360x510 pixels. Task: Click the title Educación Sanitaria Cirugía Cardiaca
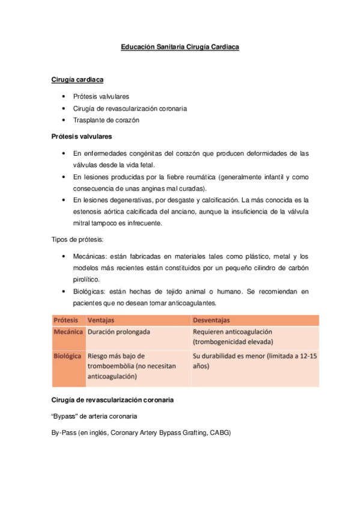coord(180,46)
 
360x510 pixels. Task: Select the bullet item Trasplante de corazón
coord(106,120)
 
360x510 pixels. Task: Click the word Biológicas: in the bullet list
coord(91,292)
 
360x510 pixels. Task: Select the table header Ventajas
coord(102,320)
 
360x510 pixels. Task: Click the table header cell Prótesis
coord(68,320)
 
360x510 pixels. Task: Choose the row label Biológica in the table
coord(68,356)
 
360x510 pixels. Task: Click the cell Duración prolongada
coord(119,332)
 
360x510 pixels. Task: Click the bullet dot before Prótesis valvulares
coord(64,96)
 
